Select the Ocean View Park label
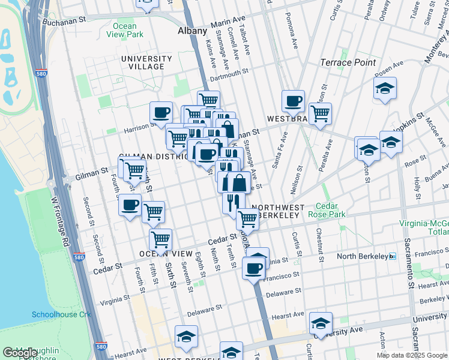pyautogui.click(x=127, y=31)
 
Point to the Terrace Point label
pyautogui.click(x=348, y=62)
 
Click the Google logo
pyautogui.click(x=20, y=353)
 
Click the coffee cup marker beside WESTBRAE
pyautogui.click(x=293, y=101)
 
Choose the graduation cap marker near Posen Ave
pyautogui.click(x=385, y=88)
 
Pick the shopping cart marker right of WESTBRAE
pyautogui.click(x=321, y=113)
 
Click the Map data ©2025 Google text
pyautogui.click(x=412, y=355)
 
